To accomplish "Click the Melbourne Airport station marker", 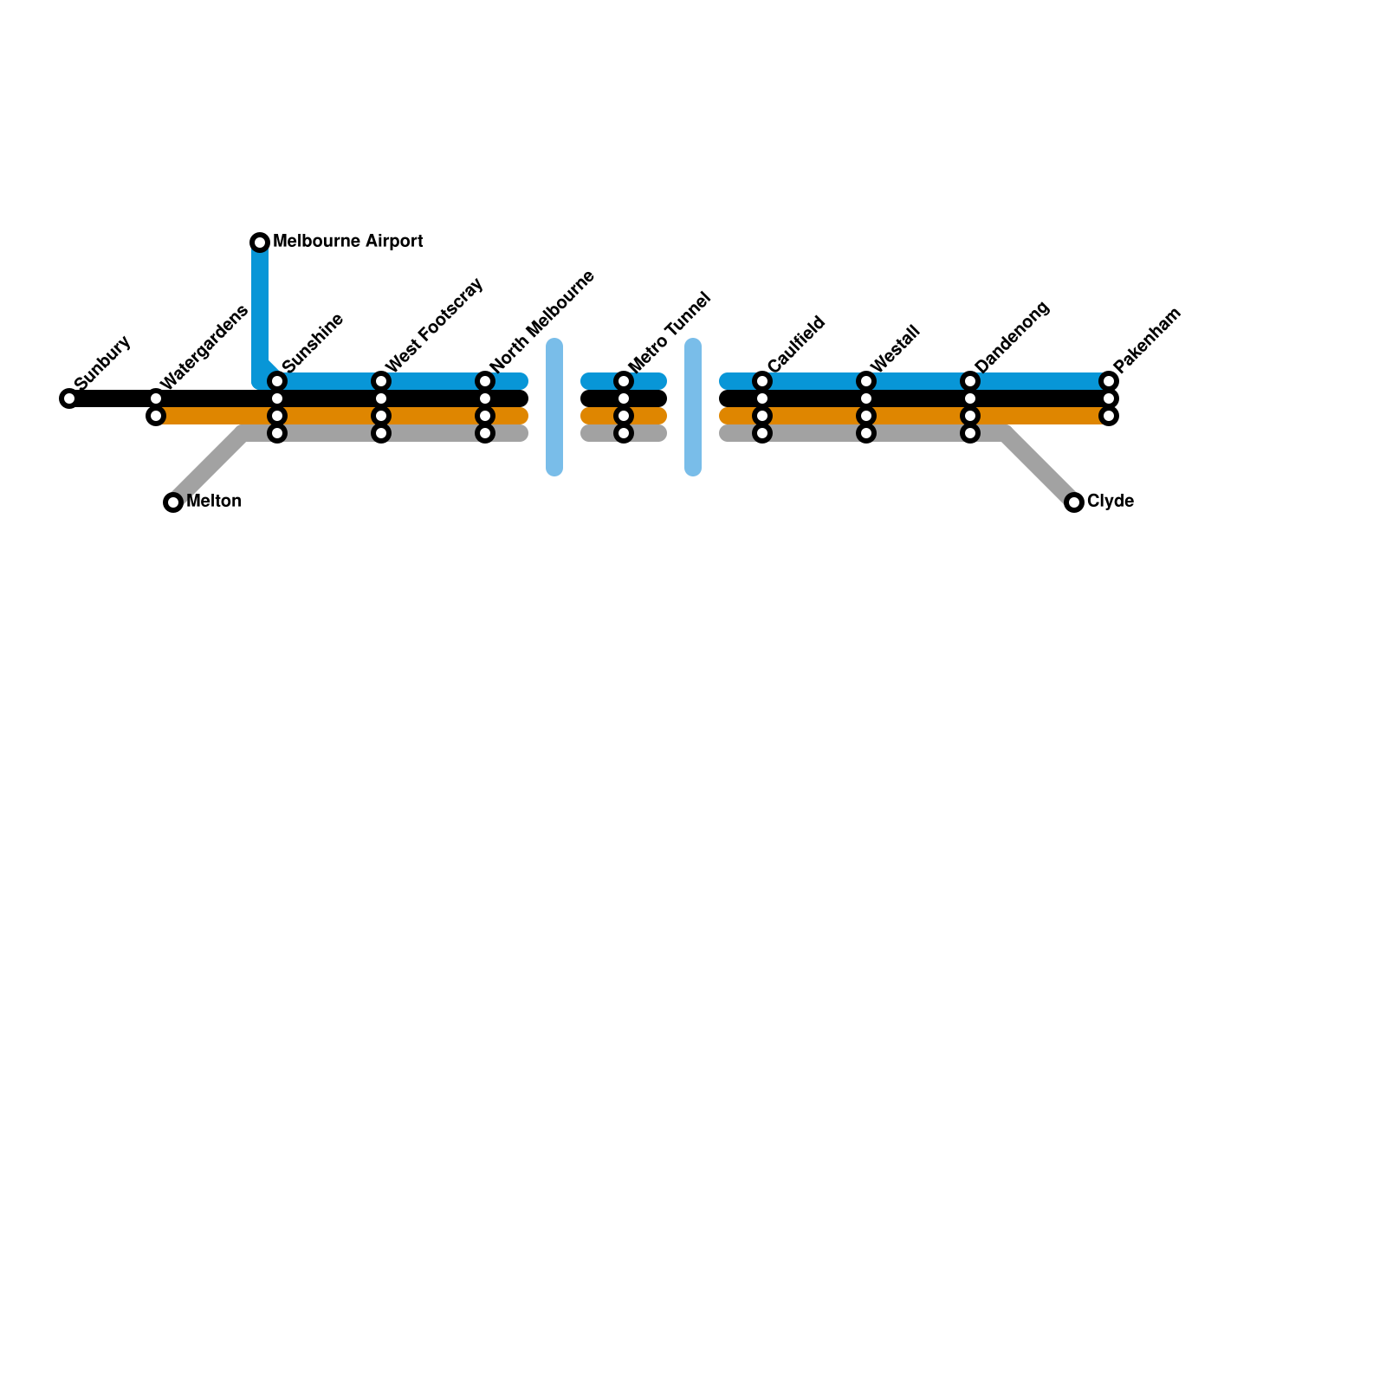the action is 260,242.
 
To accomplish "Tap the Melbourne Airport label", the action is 347,242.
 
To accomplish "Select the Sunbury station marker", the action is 69,398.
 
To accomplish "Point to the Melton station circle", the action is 173,502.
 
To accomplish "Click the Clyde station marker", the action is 1074,502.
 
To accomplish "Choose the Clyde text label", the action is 1110,502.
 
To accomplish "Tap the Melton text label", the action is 213,502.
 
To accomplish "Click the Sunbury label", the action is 102,362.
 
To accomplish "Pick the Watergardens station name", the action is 204,346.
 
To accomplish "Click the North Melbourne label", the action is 542,321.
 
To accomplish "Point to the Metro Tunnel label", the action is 670,332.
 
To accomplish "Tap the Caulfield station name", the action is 796,345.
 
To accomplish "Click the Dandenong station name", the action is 1012,336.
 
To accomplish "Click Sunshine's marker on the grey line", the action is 277,433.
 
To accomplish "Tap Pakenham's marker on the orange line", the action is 1109,416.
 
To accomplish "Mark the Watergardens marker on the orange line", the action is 156,416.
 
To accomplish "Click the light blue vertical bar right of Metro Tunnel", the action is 693,407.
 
